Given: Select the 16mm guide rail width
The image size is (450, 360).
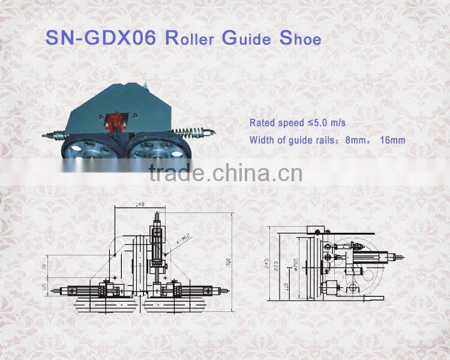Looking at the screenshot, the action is click(x=393, y=140).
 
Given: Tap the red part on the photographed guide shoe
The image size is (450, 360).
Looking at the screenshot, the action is click(x=115, y=122).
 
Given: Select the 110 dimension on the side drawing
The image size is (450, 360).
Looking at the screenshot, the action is click(x=287, y=287).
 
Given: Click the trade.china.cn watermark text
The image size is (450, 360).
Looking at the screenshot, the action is click(x=225, y=174).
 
